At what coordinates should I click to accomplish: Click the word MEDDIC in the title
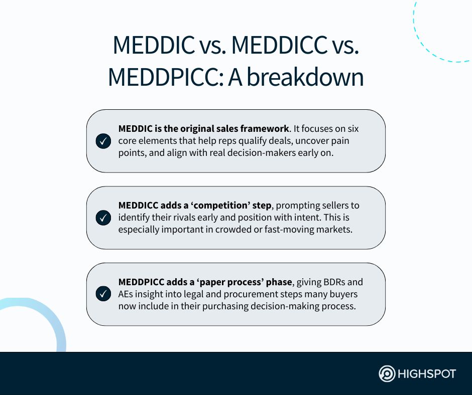[x=154, y=46]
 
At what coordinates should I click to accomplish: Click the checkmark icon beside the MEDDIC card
[x=103, y=141]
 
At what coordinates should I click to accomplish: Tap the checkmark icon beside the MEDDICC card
[x=103, y=218]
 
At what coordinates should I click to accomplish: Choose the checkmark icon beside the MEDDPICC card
[x=103, y=294]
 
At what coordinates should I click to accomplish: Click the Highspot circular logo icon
[x=387, y=374]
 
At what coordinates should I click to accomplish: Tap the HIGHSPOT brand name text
[x=427, y=374]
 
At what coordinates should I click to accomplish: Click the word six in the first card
[x=352, y=129]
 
